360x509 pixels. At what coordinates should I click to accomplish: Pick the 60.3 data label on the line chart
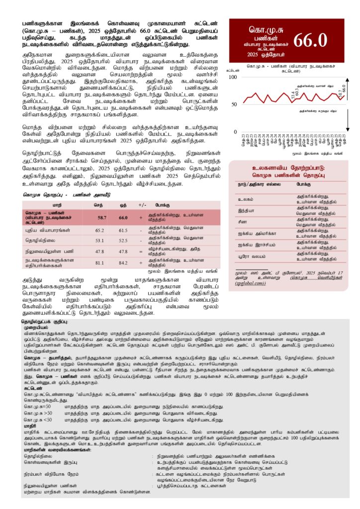click(297, 90)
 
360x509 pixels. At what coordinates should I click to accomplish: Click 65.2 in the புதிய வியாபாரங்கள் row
click(100, 231)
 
